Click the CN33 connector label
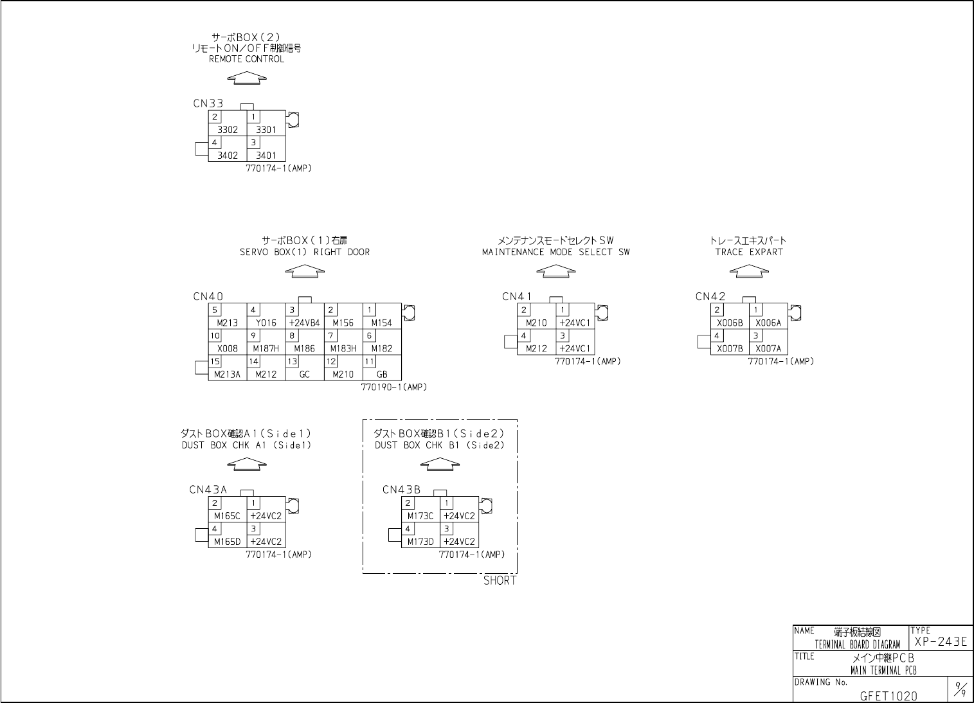point(208,103)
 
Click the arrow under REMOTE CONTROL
point(247,78)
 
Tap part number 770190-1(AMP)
point(393,387)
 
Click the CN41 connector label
point(517,297)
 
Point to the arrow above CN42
point(749,271)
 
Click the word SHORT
point(500,581)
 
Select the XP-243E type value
point(941,642)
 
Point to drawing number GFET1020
point(888,695)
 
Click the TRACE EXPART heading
point(749,252)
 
